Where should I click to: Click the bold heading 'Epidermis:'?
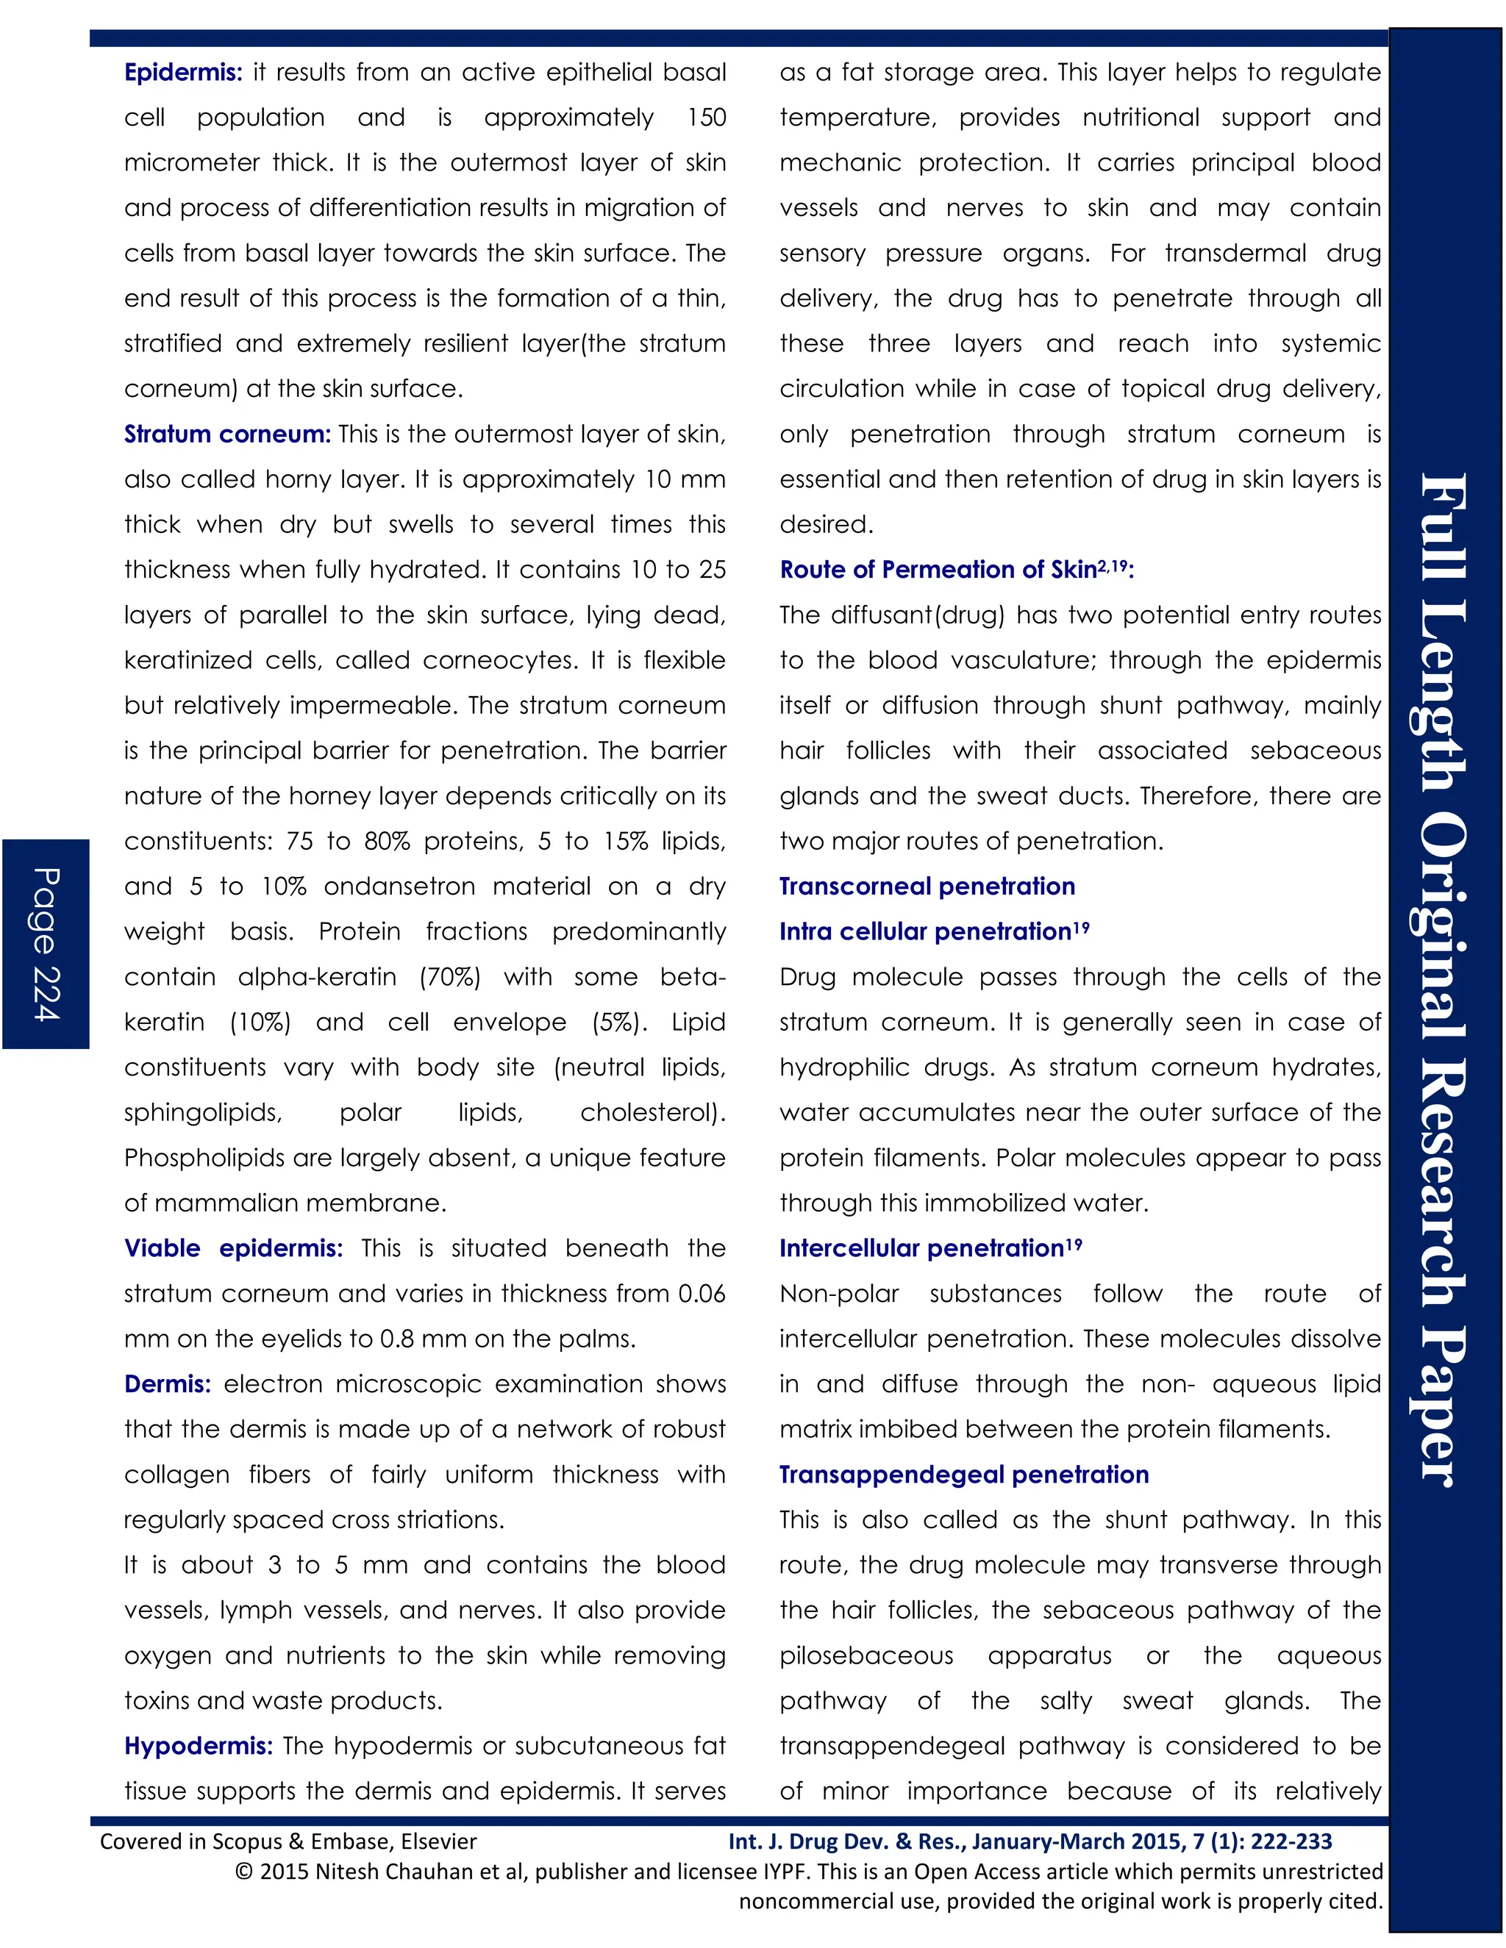[183, 72]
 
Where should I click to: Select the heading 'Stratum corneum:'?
[227, 434]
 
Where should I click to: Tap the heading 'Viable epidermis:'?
[233, 1248]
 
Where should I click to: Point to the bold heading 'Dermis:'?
[168, 1383]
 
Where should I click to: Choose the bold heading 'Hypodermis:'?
[198, 1746]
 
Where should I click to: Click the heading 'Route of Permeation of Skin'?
[938, 570]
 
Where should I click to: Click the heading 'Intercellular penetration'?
[921, 1249]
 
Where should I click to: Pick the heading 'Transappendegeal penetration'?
[963, 1475]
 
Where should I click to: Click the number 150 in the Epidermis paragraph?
[707, 118]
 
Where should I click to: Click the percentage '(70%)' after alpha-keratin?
[449, 977]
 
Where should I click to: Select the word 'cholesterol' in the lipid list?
[648, 1112]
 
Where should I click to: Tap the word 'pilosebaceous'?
[866, 1655]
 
